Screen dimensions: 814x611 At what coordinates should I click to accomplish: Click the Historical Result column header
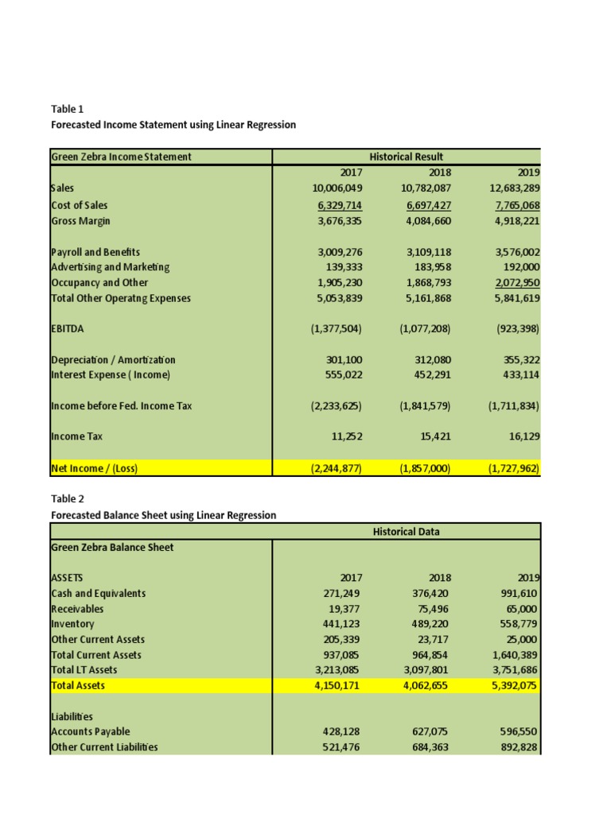coord(407,157)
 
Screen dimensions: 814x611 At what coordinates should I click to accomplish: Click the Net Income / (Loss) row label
coord(94,468)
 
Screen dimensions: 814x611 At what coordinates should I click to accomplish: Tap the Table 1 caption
coord(67,109)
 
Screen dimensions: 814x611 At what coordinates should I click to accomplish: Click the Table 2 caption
coord(67,499)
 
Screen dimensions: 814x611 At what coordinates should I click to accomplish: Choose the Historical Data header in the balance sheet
coord(407,531)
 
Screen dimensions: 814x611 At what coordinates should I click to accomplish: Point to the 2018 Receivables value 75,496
coord(434,609)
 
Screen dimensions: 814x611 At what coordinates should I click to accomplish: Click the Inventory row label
coord(72,624)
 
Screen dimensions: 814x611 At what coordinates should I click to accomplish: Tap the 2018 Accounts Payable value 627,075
coord(431,731)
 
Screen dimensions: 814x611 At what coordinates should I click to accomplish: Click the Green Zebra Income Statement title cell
coord(121,157)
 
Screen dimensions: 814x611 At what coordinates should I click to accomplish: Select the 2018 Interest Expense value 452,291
coord(431,375)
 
